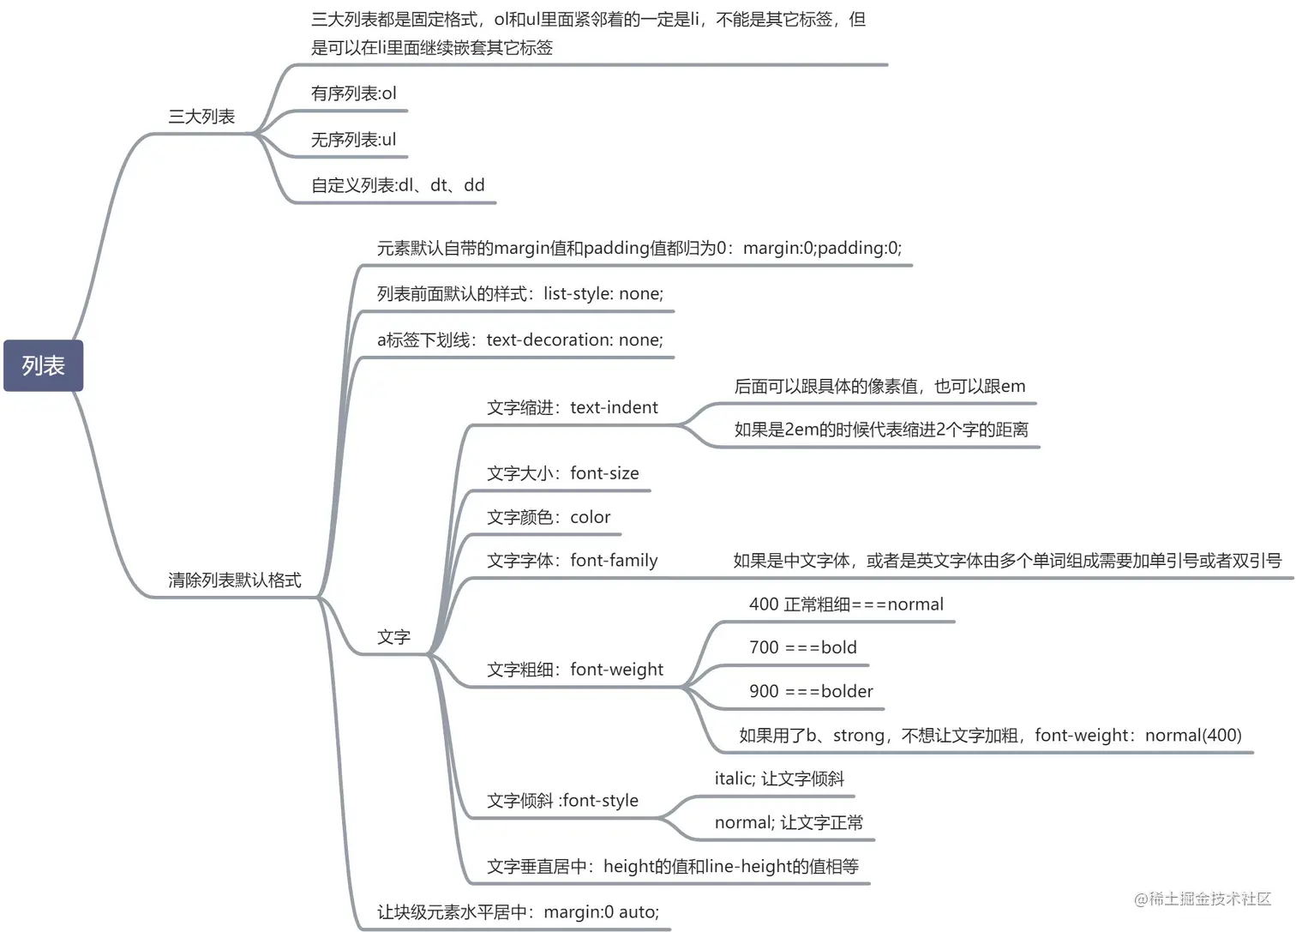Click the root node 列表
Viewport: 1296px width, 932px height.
pyautogui.click(x=43, y=366)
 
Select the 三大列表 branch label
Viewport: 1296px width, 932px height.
pyautogui.click(x=201, y=117)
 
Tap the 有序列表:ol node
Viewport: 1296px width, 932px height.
pyautogui.click(x=353, y=93)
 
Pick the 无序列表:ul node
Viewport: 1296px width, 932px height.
pyautogui.click(x=353, y=140)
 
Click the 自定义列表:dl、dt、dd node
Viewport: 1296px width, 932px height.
pyautogui.click(x=398, y=185)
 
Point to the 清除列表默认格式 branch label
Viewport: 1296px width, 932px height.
pyautogui.click(x=235, y=580)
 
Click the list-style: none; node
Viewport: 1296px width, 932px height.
pyautogui.click(x=519, y=294)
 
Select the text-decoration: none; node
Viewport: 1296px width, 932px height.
pyautogui.click(x=519, y=340)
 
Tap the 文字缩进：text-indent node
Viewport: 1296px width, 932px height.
pyautogui.click(x=573, y=408)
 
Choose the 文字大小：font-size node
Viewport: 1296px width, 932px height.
pyautogui.click(x=563, y=473)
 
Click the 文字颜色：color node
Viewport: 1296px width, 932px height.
pyautogui.click(x=549, y=518)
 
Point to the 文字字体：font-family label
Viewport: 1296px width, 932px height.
pyautogui.click(x=573, y=561)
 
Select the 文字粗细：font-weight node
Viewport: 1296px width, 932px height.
pyautogui.click(x=575, y=670)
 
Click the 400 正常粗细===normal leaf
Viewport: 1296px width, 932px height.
pyautogui.click(x=846, y=604)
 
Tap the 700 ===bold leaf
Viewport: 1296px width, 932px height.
pyautogui.click(x=802, y=648)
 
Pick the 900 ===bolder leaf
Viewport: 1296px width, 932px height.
pyautogui.click(x=811, y=692)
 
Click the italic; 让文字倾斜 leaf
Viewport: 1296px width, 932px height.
pyautogui.click(x=779, y=779)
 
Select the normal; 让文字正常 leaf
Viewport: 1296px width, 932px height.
pyautogui.click(x=789, y=823)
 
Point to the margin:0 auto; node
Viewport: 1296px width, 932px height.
pyautogui.click(x=518, y=912)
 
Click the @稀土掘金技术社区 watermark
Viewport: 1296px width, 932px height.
pyautogui.click(x=1203, y=899)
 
